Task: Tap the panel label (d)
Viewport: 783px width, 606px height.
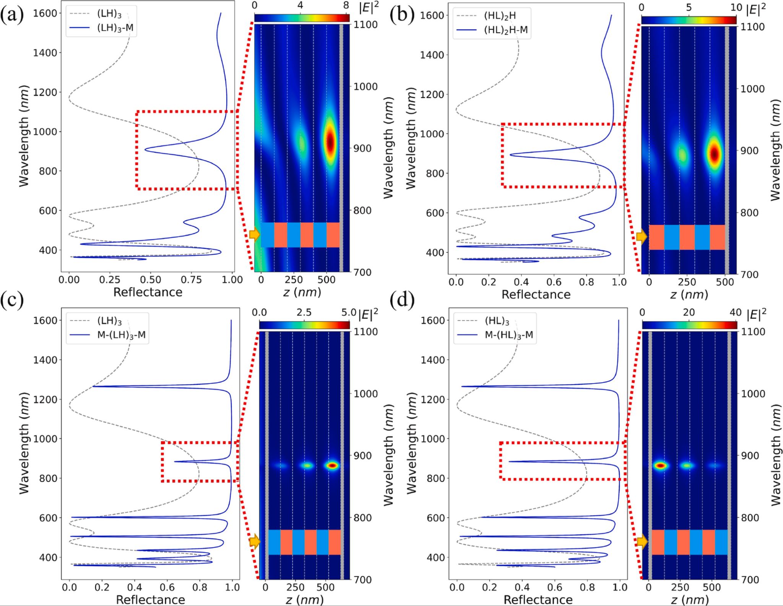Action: [x=401, y=301]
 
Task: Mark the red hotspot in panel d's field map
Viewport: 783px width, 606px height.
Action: [x=660, y=466]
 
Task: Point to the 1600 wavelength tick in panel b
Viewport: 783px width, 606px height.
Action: [x=432, y=15]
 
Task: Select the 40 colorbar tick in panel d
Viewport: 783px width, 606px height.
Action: [x=735, y=312]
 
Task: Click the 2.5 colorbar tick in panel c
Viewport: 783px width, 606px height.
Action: [x=304, y=312]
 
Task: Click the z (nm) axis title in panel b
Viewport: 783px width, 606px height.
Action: [x=689, y=294]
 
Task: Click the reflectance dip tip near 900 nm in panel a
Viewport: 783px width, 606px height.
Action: [x=145, y=149]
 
